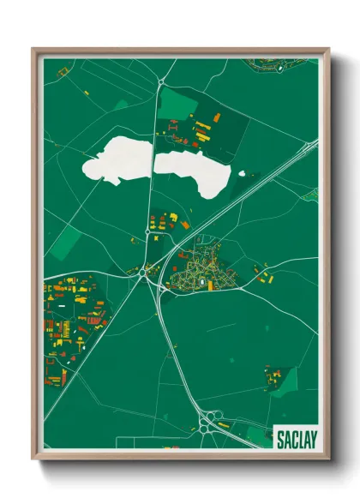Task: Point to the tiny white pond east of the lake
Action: tap(242, 175)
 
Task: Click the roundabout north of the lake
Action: tap(163, 82)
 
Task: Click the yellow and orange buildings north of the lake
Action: tap(202, 129)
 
